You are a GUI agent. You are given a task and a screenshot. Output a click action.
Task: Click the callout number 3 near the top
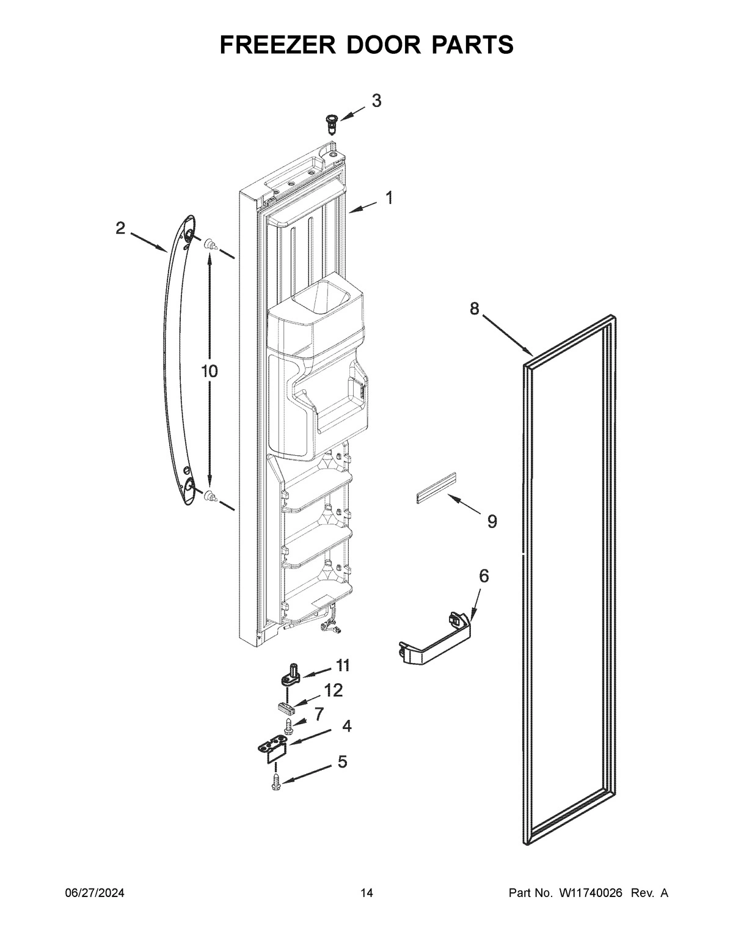[376, 101]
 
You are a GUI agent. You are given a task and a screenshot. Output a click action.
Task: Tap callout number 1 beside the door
[388, 198]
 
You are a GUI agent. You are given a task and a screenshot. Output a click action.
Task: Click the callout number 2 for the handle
[120, 229]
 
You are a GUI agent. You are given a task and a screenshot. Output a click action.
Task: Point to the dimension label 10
[209, 371]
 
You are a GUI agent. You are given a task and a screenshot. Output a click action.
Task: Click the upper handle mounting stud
[211, 244]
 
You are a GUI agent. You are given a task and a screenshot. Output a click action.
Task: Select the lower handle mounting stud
[211, 497]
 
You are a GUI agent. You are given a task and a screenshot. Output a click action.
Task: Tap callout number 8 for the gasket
[475, 309]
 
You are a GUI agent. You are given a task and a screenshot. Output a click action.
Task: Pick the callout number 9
[492, 521]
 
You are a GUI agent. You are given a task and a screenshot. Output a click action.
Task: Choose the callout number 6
[483, 576]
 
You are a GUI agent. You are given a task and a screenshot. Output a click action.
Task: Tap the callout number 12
[334, 691]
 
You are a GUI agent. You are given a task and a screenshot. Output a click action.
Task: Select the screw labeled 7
[288, 726]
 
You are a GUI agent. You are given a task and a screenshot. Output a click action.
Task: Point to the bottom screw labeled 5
[275, 782]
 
